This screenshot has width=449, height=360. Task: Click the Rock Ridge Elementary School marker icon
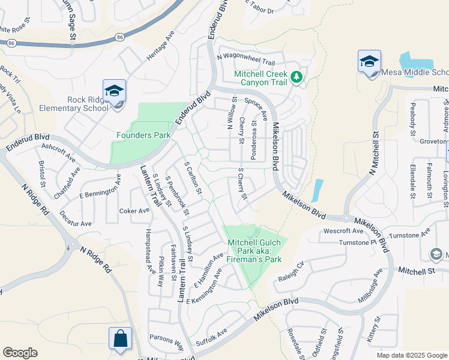[114, 91]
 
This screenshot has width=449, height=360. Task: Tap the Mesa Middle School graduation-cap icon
[369, 61]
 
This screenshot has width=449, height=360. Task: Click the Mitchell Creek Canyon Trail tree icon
[296, 77]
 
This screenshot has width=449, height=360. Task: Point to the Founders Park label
[143, 136]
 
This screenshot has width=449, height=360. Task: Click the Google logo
[20, 353]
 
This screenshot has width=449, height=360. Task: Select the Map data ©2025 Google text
[412, 355]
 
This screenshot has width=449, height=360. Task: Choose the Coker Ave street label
[134, 211]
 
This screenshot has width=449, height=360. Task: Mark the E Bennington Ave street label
[100, 187]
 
